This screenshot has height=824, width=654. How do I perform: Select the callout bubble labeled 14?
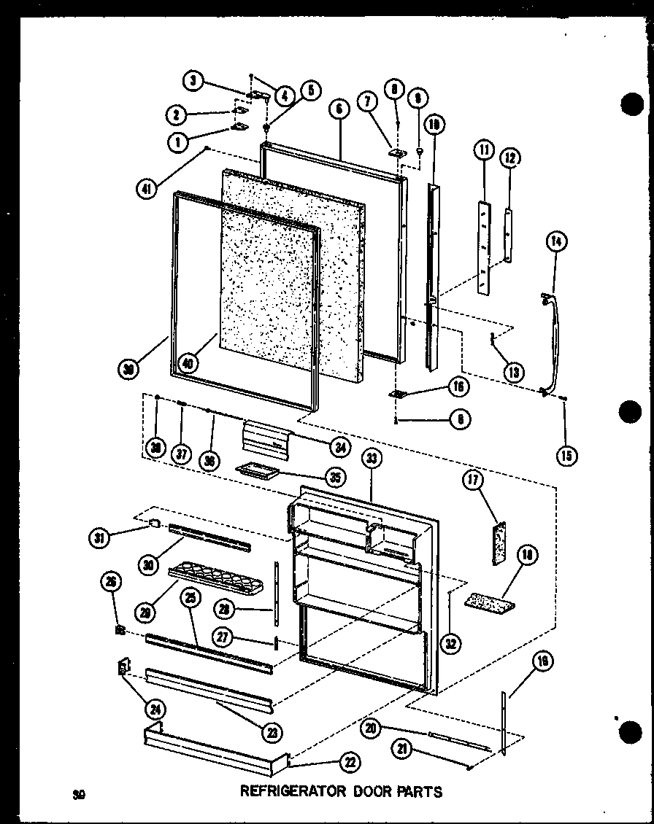[x=558, y=241]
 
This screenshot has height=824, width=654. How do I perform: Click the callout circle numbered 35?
[x=335, y=478]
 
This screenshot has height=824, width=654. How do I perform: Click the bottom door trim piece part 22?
[x=215, y=747]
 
